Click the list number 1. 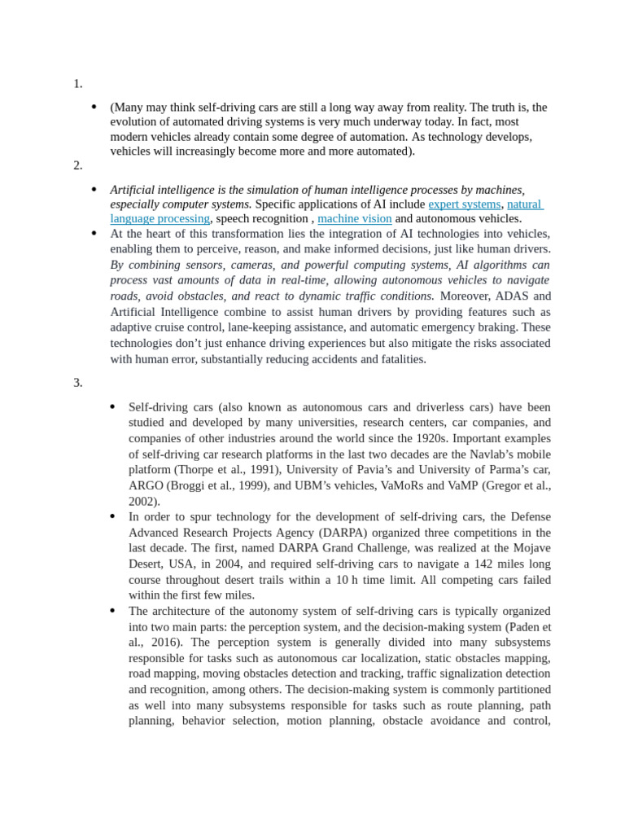point(77,83)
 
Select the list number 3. point(77,383)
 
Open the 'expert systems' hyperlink point(464,204)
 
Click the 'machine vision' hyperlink point(354,219)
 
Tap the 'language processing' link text point(160,219)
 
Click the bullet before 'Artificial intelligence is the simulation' point(94,189)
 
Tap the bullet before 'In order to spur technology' point(113,517)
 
